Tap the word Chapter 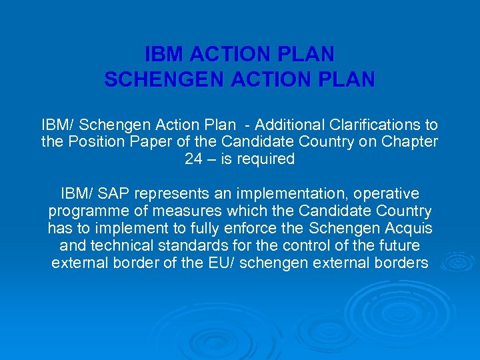click(412, 142)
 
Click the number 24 click(194, 159)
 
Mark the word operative click(387, 194)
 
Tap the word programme click(82, 211)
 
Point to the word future click(398, 246)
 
